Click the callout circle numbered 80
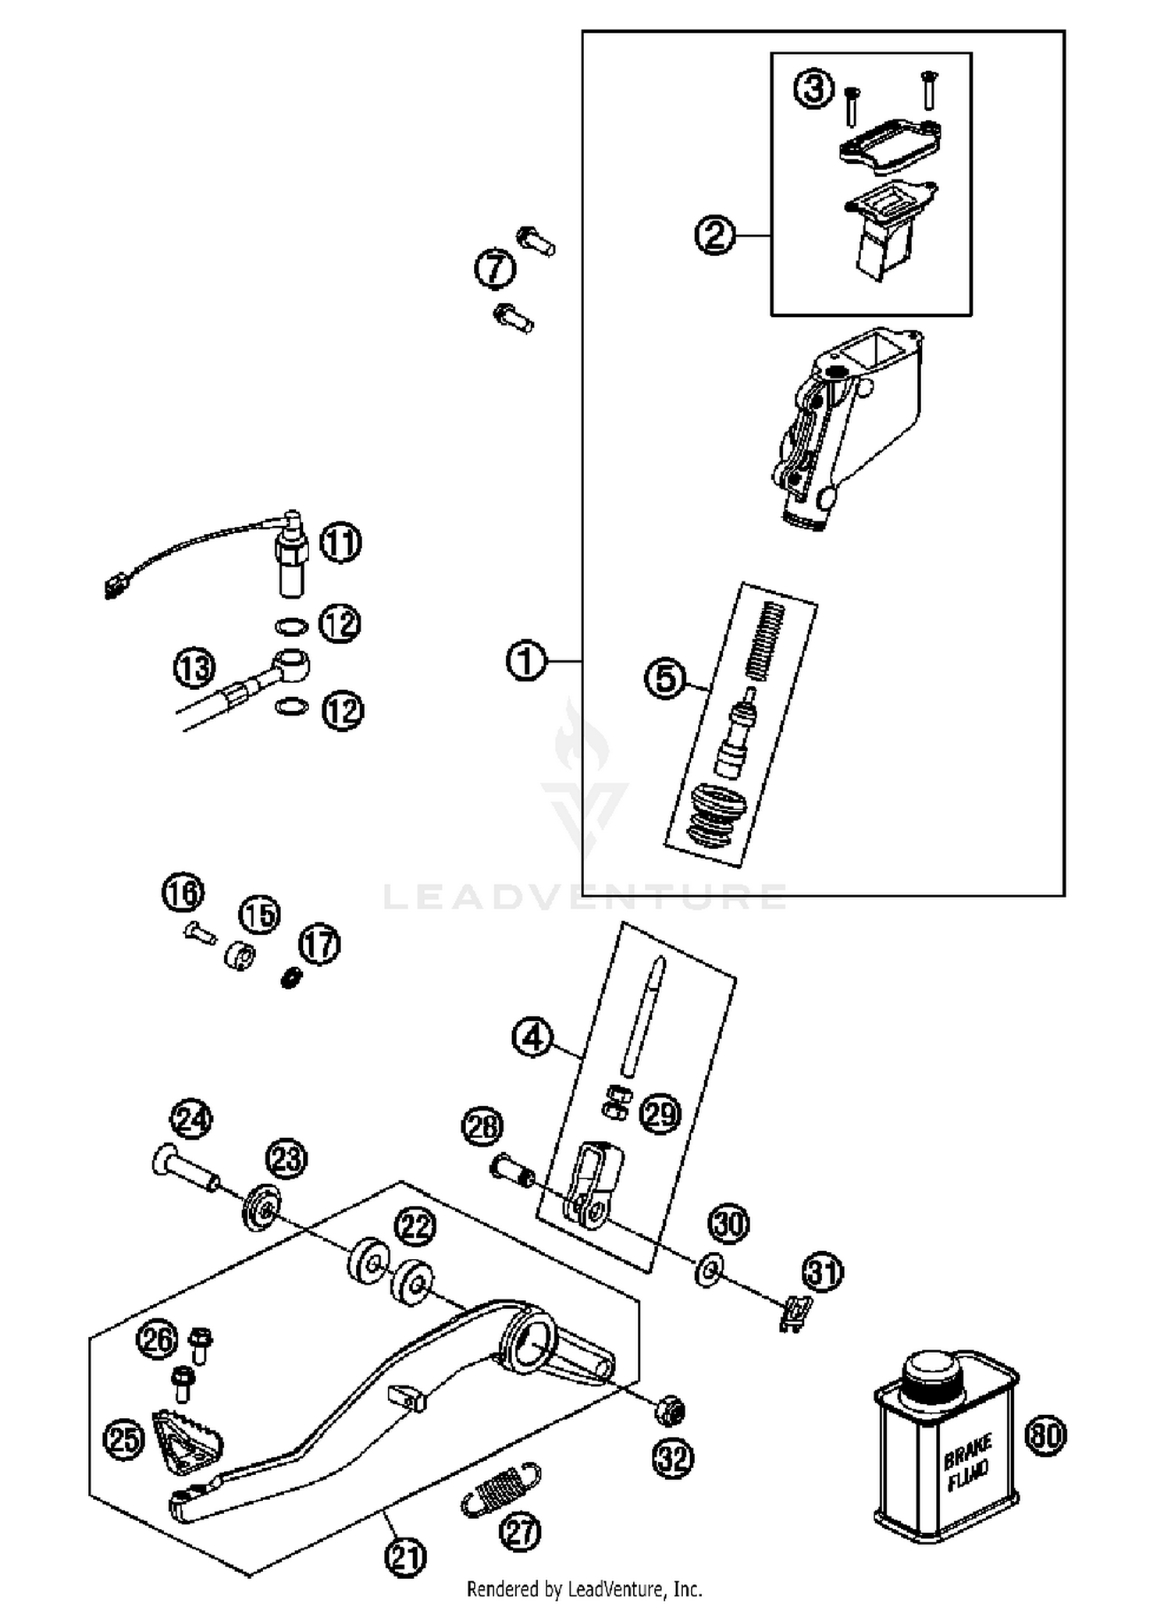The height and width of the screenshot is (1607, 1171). (1045, 1435)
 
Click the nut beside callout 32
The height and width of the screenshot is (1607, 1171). (670, 1410)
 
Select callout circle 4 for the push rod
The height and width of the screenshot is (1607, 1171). (532, 1037)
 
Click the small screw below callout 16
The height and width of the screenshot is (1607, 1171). (199, 930)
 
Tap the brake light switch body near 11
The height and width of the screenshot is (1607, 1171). (291, 558)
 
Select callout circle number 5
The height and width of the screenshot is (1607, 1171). (666, 678)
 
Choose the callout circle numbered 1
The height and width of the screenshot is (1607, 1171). (525, 661)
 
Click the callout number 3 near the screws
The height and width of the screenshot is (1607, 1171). (813, 88)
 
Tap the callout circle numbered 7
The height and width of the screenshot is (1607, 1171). (496, 270)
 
